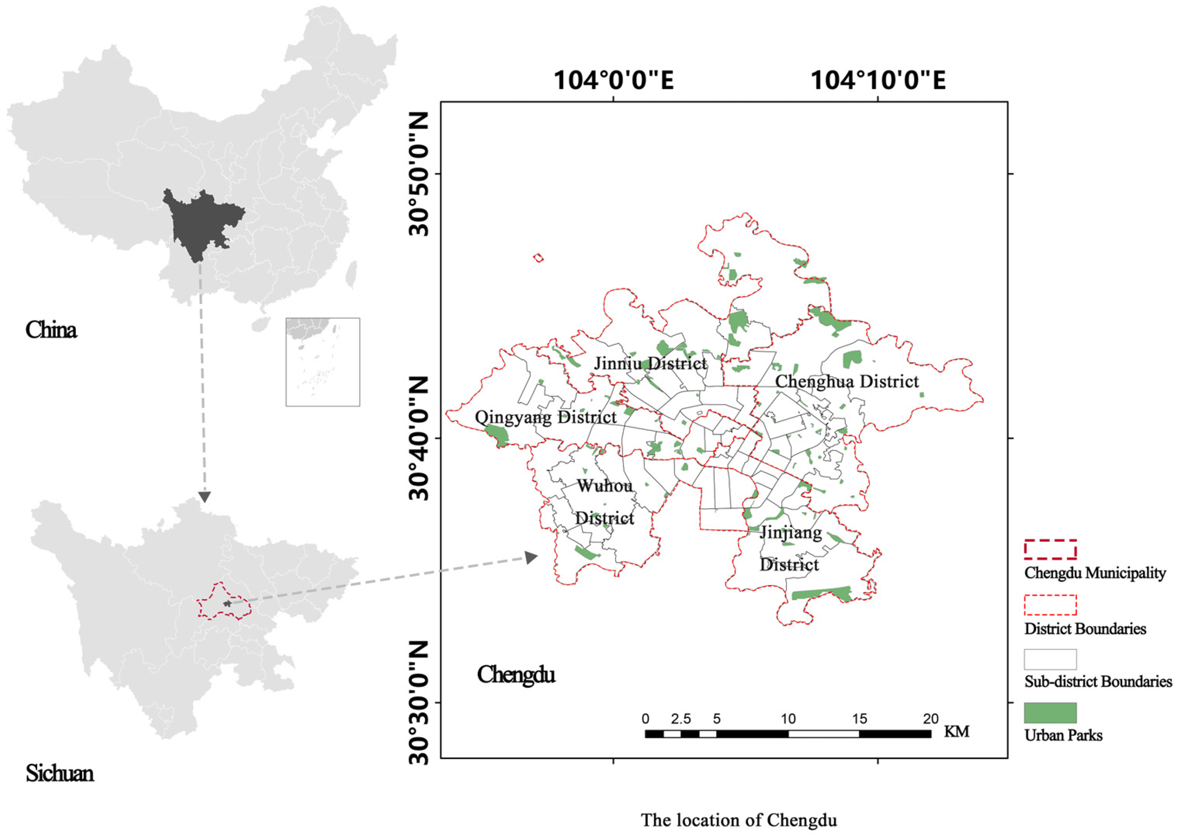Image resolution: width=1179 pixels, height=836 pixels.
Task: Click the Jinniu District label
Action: coord(650,364)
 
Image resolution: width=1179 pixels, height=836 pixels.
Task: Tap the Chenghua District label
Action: coord(847,381)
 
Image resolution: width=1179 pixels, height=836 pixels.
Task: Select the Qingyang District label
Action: coord(545,417)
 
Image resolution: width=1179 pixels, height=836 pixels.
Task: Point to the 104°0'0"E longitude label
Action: coord(614,81)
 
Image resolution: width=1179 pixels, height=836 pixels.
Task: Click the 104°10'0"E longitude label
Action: coord(878,81)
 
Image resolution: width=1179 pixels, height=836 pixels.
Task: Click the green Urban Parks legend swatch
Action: coord(1050,713)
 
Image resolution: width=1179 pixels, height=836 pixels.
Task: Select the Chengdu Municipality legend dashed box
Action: coord(1050,550)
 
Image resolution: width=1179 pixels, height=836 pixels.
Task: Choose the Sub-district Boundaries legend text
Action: coord(1098,682)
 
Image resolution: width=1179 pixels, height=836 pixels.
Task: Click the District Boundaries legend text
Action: coord(1085,629)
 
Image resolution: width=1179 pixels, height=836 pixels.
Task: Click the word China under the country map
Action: coord(51,330)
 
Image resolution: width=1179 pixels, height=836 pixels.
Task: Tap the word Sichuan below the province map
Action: coord(60,774)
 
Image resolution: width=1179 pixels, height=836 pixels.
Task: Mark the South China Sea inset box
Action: coord(322,362)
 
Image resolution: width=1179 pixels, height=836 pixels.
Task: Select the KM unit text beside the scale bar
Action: coord(956,732)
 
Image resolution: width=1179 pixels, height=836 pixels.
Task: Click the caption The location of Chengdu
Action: coord(739,820)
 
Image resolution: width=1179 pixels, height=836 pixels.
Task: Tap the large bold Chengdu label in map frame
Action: coord(516,674)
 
